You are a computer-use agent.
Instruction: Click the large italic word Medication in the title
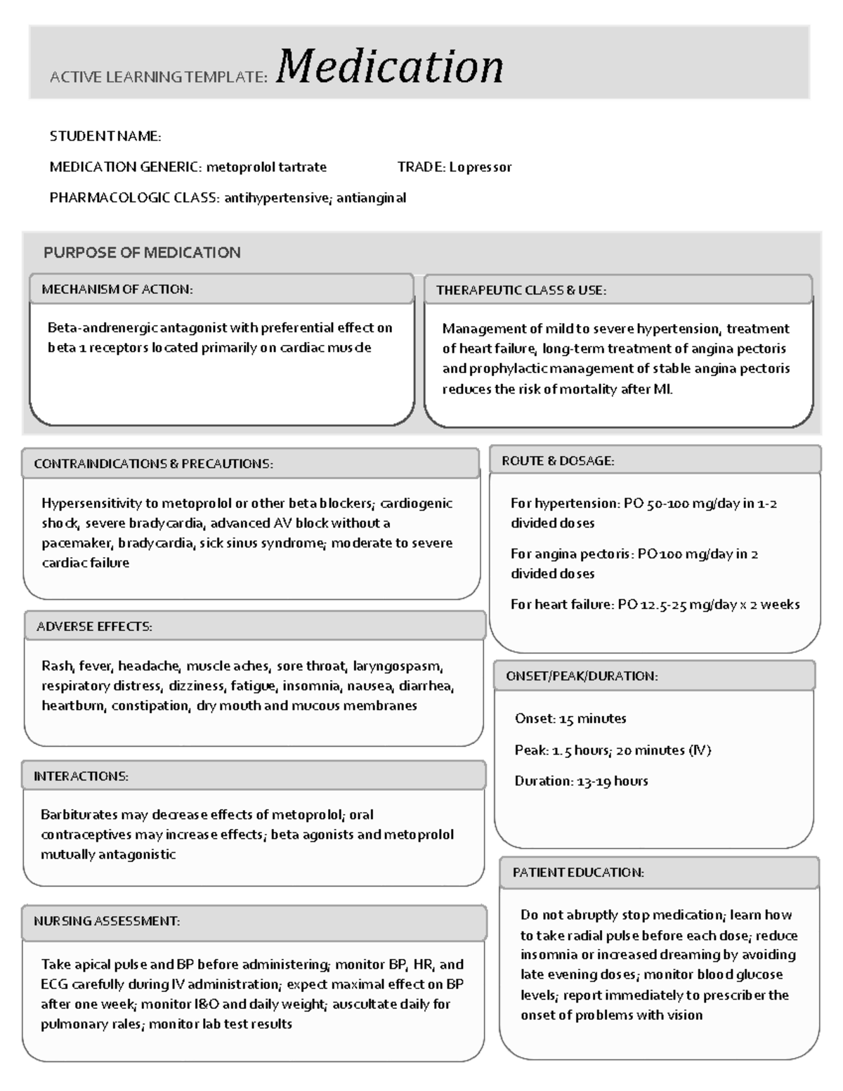390,67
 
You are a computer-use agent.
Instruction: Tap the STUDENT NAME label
105,136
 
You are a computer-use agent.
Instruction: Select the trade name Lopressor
481,167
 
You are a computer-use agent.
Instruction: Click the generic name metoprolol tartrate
266,167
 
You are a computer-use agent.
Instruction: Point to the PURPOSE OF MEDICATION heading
142,252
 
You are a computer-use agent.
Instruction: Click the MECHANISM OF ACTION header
117,289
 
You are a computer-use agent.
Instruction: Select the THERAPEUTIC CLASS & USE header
521,290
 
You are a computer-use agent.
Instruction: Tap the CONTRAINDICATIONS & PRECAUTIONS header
153,464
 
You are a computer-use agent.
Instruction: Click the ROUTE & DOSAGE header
558,461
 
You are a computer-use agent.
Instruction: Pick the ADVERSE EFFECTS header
94,627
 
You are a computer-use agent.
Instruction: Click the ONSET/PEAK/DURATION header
582,676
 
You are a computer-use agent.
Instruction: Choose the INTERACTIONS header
81,776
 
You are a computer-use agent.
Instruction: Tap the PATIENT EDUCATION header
578,873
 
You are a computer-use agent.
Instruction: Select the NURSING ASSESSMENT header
107,921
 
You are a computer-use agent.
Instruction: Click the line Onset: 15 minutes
570,719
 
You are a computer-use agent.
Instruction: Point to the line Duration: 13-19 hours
581,781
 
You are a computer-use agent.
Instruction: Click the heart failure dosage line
655,604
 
